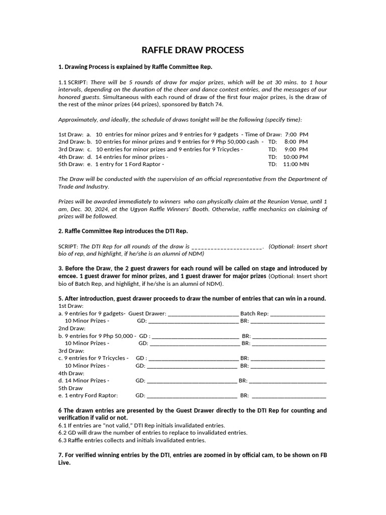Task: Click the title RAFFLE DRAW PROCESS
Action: tap(193, 50)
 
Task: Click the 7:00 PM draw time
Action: tap(296, 135)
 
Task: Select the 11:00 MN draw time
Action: tap(296, 164)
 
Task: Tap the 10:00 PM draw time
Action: tap(296, 156)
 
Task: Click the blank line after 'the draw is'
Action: tap(227, 246)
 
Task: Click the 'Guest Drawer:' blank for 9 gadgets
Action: tap(203, 313)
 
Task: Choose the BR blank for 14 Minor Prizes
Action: tap(288, 381)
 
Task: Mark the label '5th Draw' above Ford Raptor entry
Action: tap(70, 388)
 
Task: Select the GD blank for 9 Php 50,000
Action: tap(195, 336)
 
